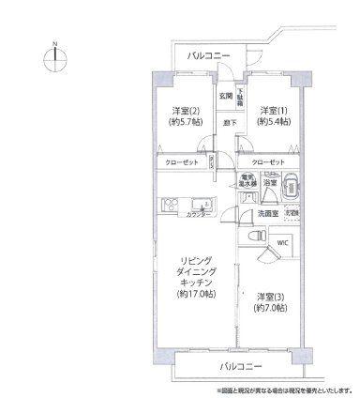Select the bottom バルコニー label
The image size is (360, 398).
point(242,364)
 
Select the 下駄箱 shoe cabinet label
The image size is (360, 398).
point(239,96)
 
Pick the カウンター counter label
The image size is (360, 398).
point(198,215)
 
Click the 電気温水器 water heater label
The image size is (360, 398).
point(247,181)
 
